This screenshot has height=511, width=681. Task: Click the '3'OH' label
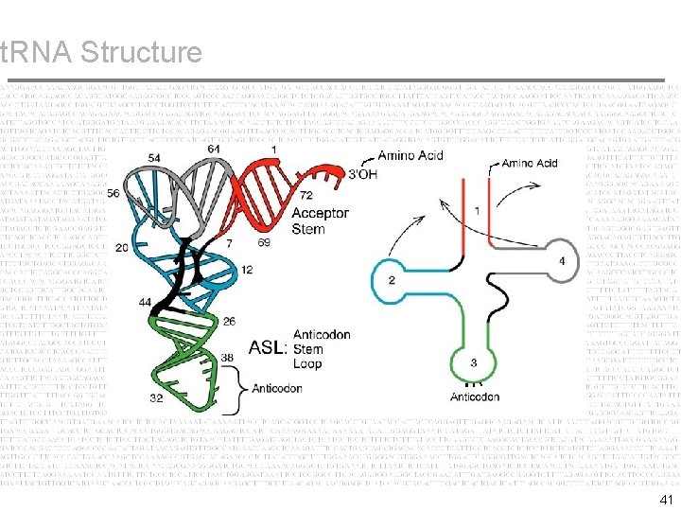tap(368, 173)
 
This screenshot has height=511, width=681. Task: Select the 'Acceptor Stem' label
tap(321, 221)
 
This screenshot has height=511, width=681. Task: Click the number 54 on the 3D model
tap(153, 156)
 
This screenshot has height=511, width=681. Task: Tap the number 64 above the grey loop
tap(213, 149)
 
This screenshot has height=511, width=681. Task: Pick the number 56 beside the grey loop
tap(114, 193)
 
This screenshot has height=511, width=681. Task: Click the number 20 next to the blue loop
tap(122, 247)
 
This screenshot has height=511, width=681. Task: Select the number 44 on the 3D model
tap(145, 301)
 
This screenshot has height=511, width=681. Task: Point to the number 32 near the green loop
tap(157, 398)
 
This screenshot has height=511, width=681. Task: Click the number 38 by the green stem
tap(227, 357)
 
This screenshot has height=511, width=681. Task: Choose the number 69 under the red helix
tap(263, 243)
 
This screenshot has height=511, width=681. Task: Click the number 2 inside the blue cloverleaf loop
tap(391, 279)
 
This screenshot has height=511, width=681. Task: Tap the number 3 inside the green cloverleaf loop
tap(473, 363)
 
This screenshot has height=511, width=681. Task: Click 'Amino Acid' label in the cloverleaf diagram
tap(530, 164)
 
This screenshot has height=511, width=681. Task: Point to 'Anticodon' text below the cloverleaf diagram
tap(475, 396)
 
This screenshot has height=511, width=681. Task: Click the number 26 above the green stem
tap(230, 321)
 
